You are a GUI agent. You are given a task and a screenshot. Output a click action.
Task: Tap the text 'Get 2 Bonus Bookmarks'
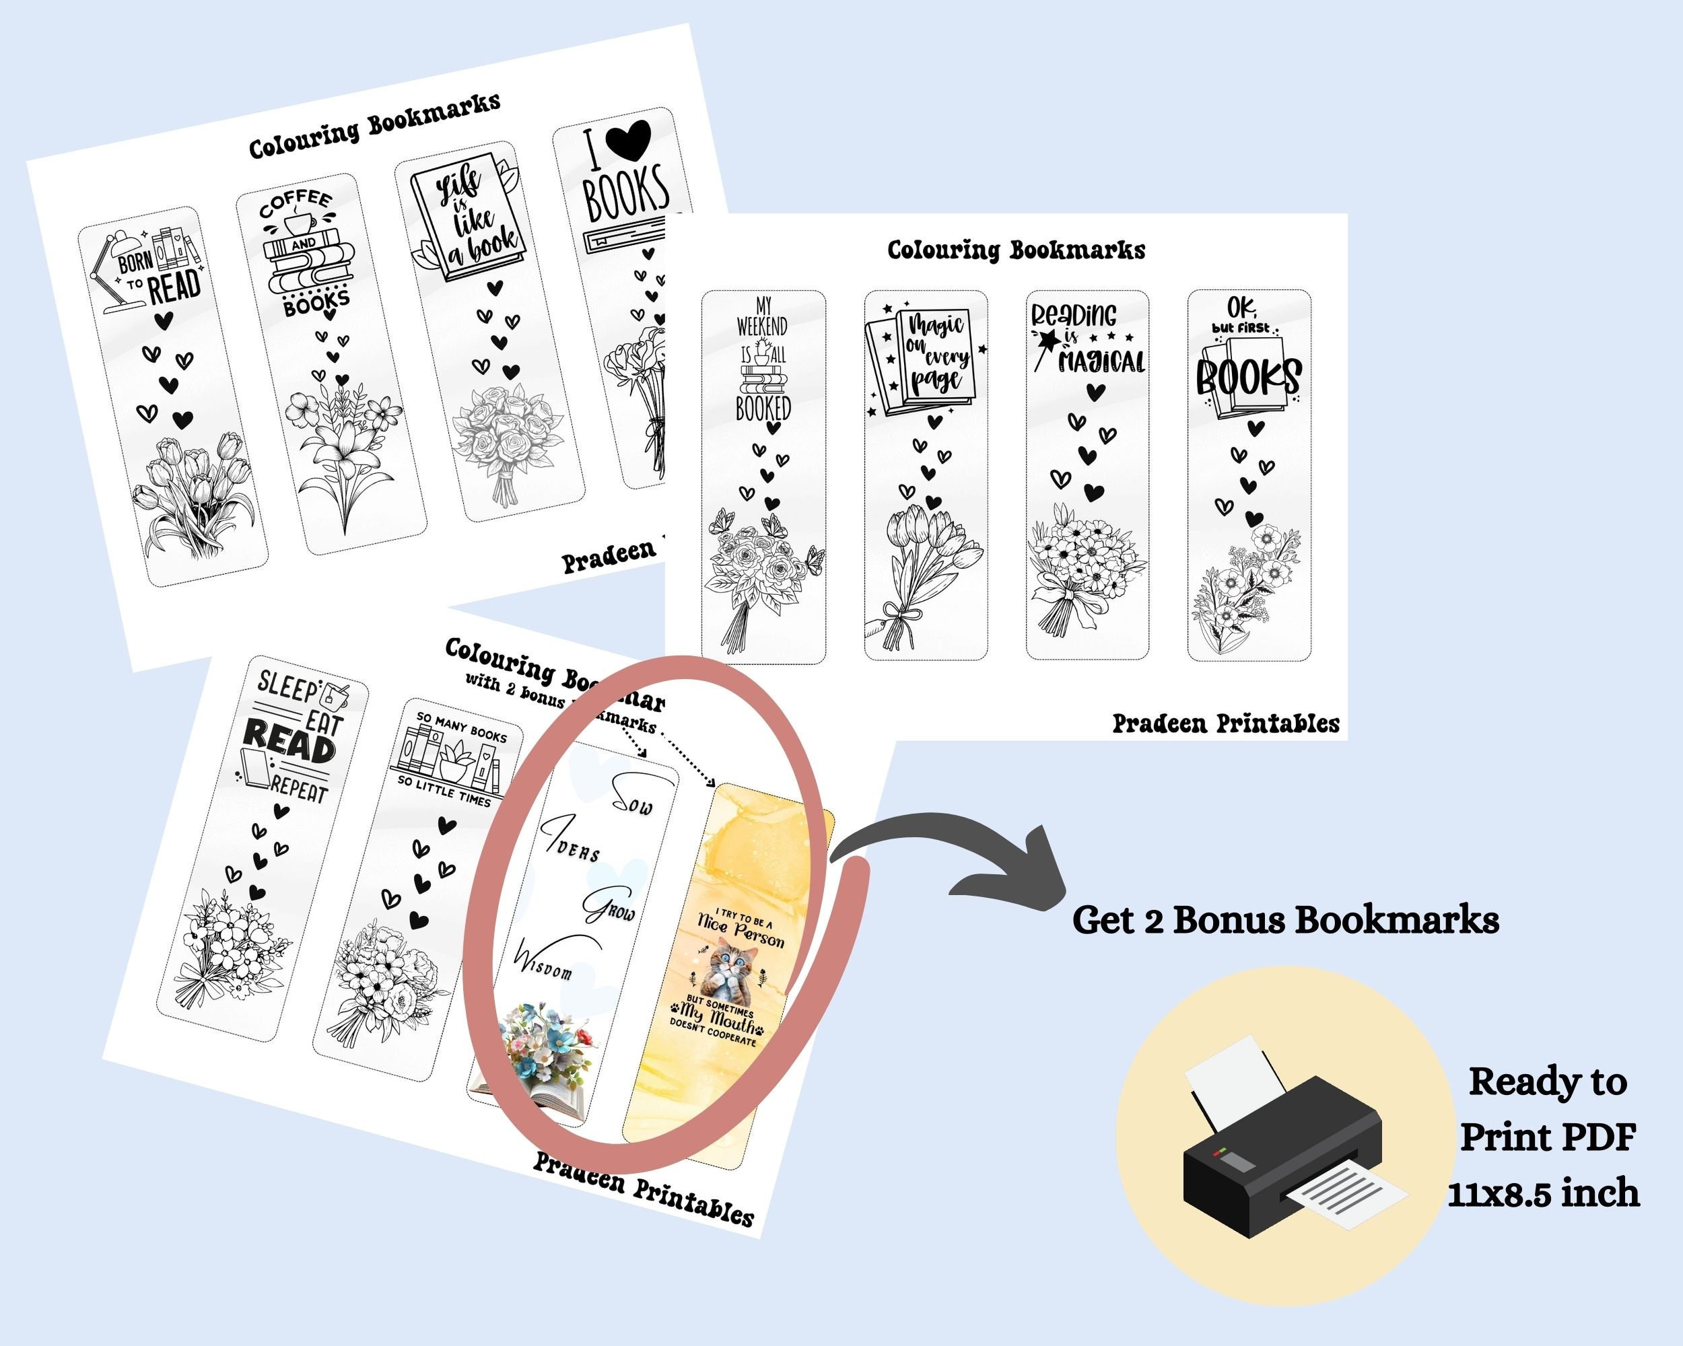[1285, 921]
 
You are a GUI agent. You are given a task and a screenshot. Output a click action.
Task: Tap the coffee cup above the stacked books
[298, 224]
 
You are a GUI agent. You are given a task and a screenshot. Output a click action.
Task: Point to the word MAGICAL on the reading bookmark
[1101, 361]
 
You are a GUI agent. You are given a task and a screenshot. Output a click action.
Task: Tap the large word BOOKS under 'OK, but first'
[1248, 378]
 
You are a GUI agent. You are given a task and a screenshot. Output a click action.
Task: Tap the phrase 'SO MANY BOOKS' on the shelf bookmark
[461, 726]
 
